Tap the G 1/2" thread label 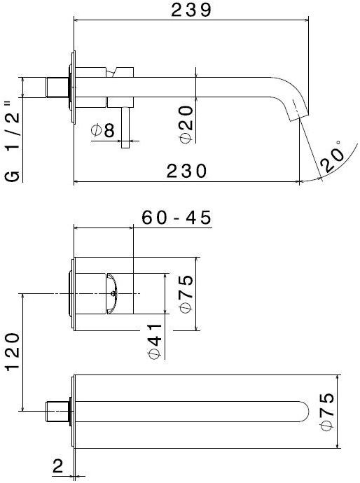pyautogui.click(x=12, y=141)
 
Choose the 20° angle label pyautogui.click(x=334, y=155)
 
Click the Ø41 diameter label pyautogui.click(x=155, y=339)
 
